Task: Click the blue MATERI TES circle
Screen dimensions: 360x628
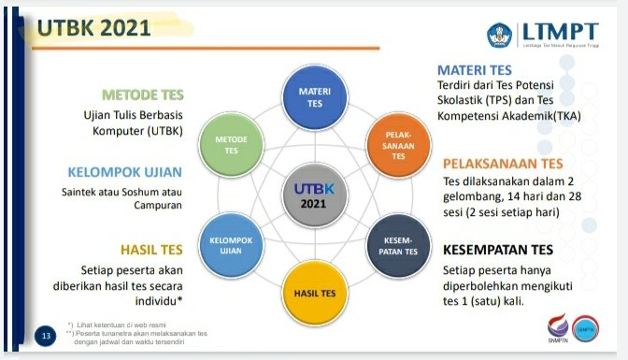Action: (x=315, y=97)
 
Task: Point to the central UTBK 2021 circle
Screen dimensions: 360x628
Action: (x=315, y=195)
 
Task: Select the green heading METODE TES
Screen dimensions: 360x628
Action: (x=143, y=95)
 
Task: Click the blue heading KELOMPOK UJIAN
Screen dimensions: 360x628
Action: (x=124, y=172)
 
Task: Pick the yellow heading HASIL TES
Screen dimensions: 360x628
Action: (x=151, y=250)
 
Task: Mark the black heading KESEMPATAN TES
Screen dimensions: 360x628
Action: (x=498, y=250)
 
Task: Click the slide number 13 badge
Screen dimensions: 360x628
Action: (x=44, y=335)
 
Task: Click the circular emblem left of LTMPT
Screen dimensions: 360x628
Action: (x=501, y=35)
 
